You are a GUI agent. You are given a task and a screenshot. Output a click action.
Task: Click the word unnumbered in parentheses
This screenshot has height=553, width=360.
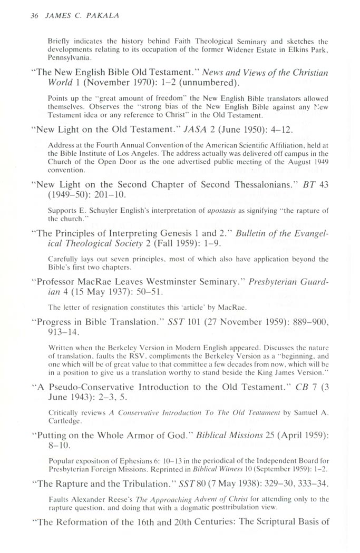212,83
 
